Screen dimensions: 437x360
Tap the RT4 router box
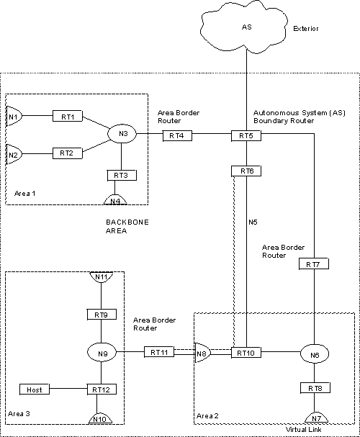(x=177, y=135)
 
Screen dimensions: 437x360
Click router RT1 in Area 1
(x=67, y=115)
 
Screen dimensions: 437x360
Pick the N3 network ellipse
(x=122, y=133)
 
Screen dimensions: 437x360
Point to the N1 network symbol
(x=13, y=116)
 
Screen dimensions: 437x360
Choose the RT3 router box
(x=121, y=175)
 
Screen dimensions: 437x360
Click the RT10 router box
(x=246, y=353)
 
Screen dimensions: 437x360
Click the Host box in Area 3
(x=35, y=389)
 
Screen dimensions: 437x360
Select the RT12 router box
(x=101, y=389)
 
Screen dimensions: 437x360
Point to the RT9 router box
(x=101, y=315)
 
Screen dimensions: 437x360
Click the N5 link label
(x=253, y=222)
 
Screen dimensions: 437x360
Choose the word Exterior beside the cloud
(x=305, y=30)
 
